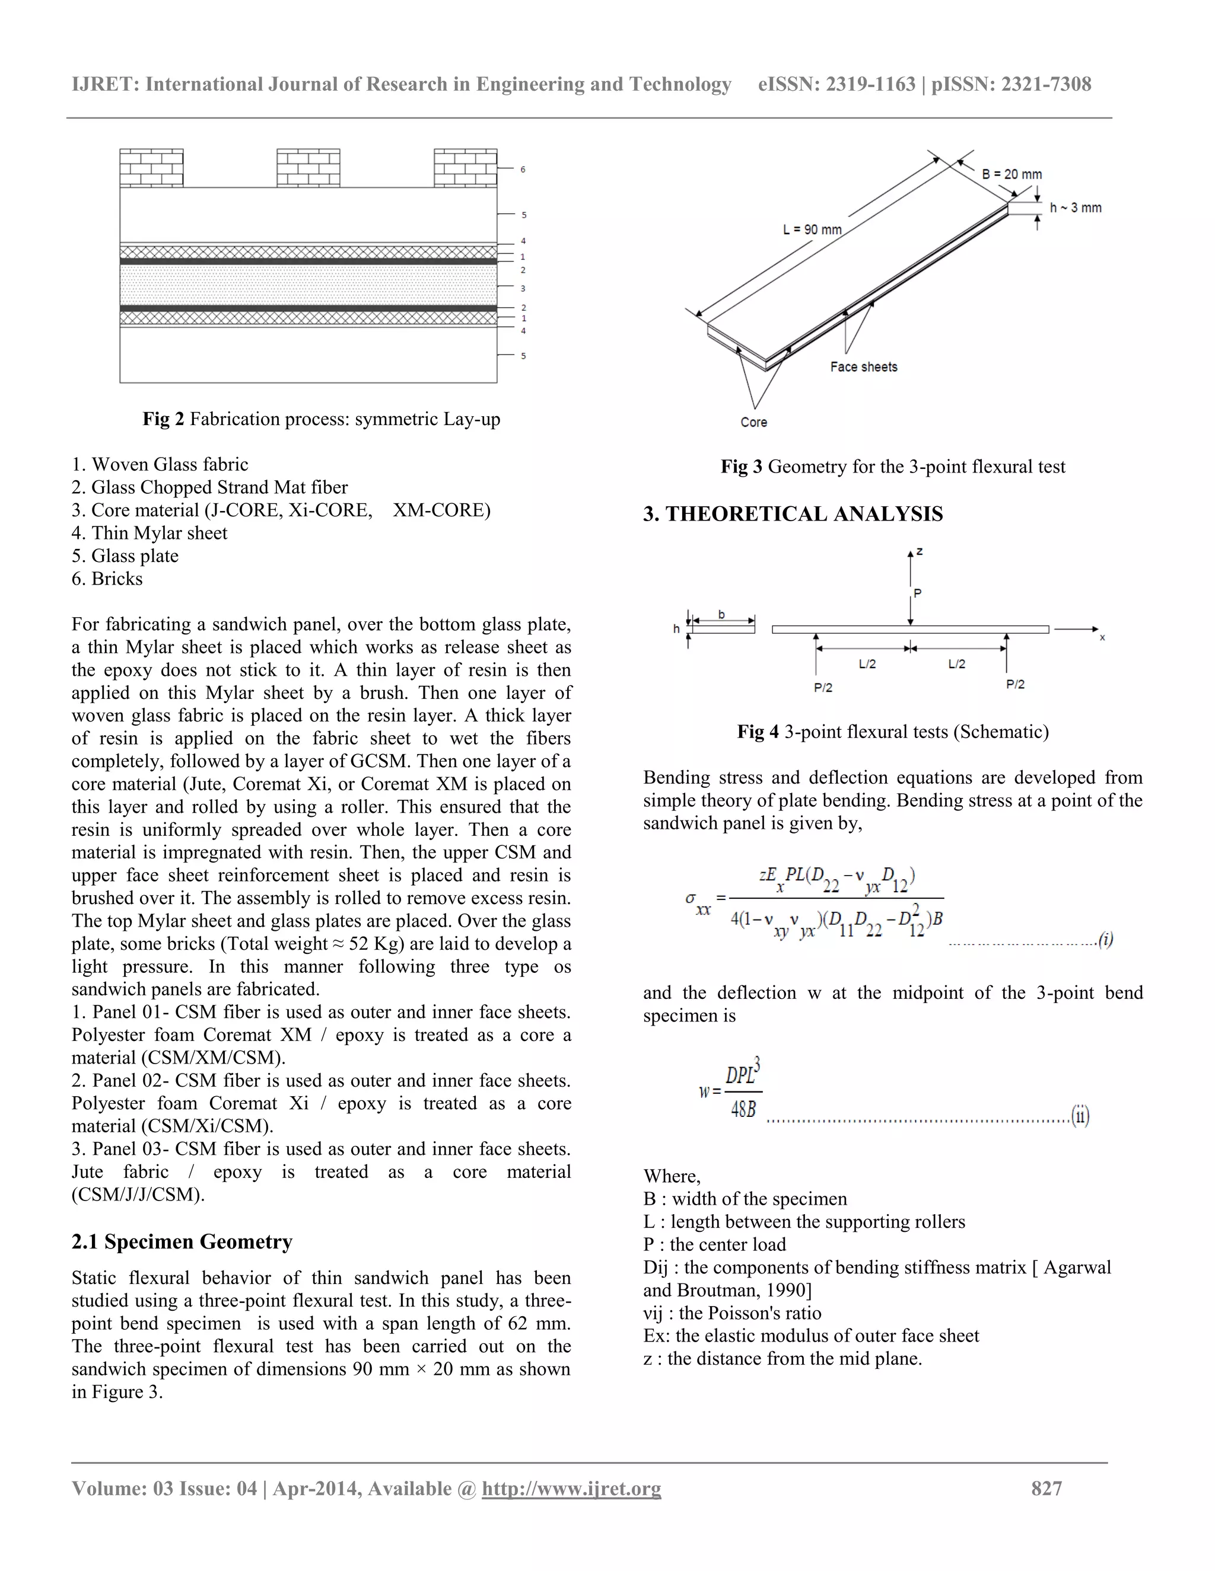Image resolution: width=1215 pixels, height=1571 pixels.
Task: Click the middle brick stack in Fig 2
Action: (x=308, y=168)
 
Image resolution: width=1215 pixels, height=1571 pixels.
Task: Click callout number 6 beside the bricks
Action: (x=523, y=170)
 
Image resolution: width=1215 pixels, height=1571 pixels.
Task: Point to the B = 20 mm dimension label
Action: (x=1012, y=174)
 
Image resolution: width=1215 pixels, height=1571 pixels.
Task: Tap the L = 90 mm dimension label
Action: (x=812, y=229)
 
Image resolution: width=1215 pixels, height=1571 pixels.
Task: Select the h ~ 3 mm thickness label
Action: (x=1076, y=208)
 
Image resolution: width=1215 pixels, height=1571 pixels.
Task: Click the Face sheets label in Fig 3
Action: (x=864, y=367)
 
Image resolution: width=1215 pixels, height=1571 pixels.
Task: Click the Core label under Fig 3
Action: (x=753, y=422)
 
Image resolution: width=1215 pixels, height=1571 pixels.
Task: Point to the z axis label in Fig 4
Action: (x=920, y=552)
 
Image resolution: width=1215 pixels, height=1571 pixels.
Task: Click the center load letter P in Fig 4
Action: (x=917, y=593)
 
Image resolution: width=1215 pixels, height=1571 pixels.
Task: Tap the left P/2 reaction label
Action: (x=823, y=688)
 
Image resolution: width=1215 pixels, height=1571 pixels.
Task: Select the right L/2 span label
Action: (x=956, y=664)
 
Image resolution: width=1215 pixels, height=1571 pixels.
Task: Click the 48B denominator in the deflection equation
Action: (x=743, y=1110)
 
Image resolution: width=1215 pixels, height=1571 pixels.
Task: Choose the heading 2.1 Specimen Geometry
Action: (x=182, y=1241)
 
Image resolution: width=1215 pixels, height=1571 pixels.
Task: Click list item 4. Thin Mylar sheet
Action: (x=149, y=533)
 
